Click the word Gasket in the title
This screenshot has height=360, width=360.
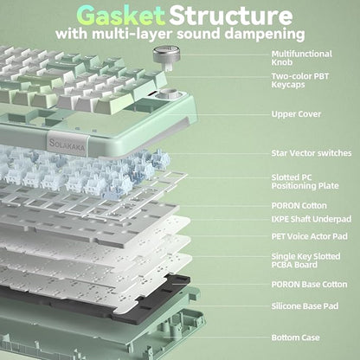121,16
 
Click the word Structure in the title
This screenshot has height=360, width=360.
230,16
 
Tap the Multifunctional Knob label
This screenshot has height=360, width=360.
302,58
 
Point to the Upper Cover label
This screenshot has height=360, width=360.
296,114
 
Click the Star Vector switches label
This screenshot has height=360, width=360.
312,153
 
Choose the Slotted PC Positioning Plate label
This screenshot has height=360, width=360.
305,182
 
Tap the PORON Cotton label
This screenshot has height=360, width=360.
299,206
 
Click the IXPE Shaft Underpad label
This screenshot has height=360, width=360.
312,219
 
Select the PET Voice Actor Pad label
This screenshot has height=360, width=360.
310,236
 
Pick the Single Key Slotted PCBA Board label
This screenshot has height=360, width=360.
305,260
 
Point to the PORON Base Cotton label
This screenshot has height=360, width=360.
309,285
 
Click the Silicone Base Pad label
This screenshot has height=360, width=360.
305,306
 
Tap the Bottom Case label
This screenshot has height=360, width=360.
296,337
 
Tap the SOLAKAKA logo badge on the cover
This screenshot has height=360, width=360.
67,143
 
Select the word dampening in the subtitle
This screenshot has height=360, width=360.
265,35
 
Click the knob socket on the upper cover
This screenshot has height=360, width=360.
170,94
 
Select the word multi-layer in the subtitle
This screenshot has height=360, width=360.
132,35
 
